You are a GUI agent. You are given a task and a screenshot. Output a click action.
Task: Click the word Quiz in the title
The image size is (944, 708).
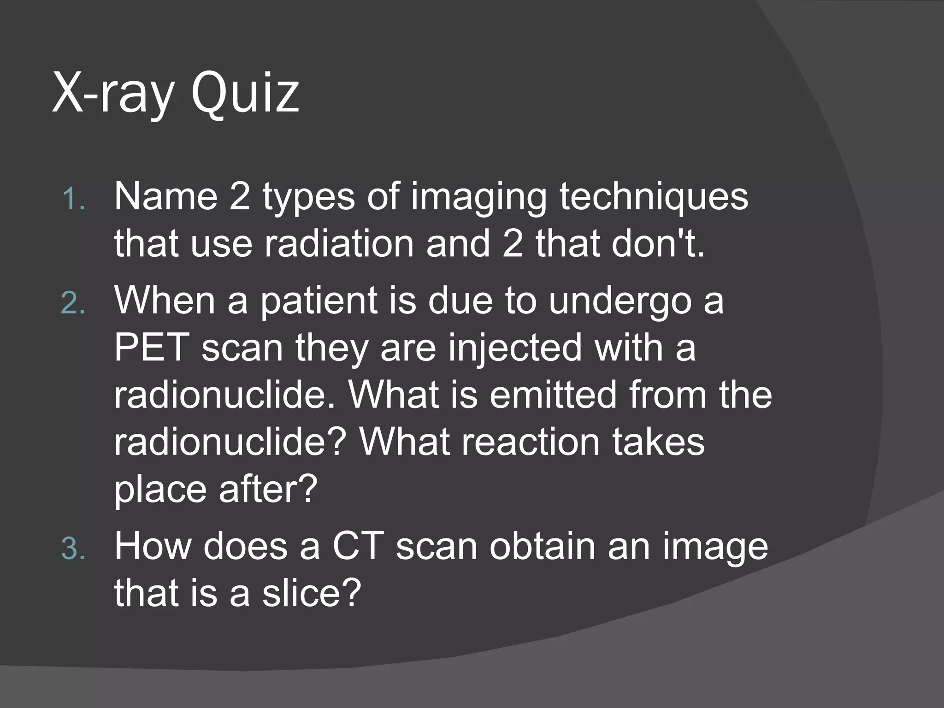click(x=245, y=94)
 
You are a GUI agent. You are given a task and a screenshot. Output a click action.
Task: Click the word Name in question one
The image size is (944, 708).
click(x=165, y=197)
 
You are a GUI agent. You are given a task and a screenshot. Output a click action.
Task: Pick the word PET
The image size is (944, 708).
click(x=152, y=348)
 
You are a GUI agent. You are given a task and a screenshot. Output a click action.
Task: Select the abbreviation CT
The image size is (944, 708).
click(x=358, y=546)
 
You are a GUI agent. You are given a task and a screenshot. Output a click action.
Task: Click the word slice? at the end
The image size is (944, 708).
click(x=312, y=593)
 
